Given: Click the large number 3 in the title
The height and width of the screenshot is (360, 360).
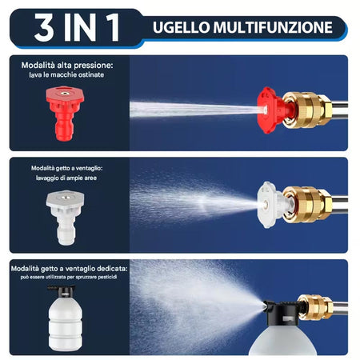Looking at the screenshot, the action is pos(44,27).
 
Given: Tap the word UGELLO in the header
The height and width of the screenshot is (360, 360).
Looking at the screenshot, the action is pos(182,27).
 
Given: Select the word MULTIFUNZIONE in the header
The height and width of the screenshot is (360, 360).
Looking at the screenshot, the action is pos(273,27).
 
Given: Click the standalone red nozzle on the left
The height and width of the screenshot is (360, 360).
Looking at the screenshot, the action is pos(65,114).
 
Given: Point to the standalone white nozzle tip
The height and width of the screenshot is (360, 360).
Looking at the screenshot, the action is pos(65,218).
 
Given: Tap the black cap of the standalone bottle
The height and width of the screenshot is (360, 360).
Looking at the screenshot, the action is pos(62,290).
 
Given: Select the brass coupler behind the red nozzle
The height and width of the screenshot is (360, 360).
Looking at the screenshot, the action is pos(306,110).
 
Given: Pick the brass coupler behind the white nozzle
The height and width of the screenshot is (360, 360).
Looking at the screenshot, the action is pos(306,205).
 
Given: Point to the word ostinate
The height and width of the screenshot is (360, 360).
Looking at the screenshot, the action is pos(91,75).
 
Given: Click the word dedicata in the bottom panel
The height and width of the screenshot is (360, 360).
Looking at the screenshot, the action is pos(112,269).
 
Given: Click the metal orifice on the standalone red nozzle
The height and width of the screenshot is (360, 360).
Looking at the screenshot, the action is pos(64,94).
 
